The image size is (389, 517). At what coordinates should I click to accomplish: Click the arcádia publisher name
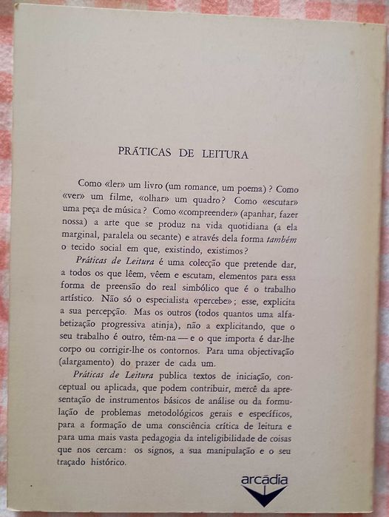click(x=264, y=479)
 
